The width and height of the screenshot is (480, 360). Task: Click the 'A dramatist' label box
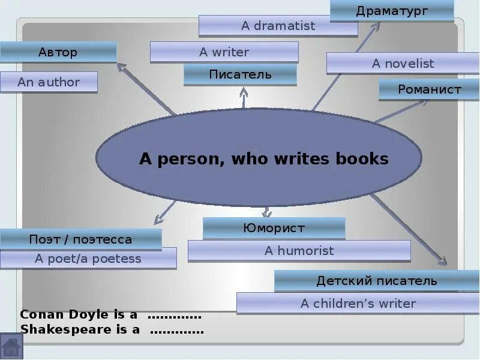pos(278,26)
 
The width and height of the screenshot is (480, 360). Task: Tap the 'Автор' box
pos(58,52)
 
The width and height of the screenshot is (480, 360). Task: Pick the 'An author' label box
pos(49,82)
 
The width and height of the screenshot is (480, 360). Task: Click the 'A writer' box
pos(224,52)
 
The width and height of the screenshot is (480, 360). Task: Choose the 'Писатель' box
pos(240,74)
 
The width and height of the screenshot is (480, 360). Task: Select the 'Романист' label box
pos(429,90)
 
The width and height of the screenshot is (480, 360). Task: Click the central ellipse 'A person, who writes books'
pos(263,158)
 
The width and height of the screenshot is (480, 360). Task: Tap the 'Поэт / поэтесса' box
pos(80,239)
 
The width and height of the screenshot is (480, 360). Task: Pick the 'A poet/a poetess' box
pos(88,259)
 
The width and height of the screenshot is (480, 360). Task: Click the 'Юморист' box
pos(274,228)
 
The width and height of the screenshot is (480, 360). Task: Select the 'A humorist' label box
pos(299,251)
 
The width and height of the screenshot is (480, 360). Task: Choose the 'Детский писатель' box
pos(377,281)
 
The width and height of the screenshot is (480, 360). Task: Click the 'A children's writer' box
pos(358,304)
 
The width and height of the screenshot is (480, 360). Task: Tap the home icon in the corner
pos(11,347)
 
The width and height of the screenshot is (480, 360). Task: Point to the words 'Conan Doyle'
pos(58,315)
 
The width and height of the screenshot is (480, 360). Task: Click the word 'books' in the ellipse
pos(362,159)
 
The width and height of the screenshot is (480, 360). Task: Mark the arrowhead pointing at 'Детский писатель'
pos(443,262)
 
